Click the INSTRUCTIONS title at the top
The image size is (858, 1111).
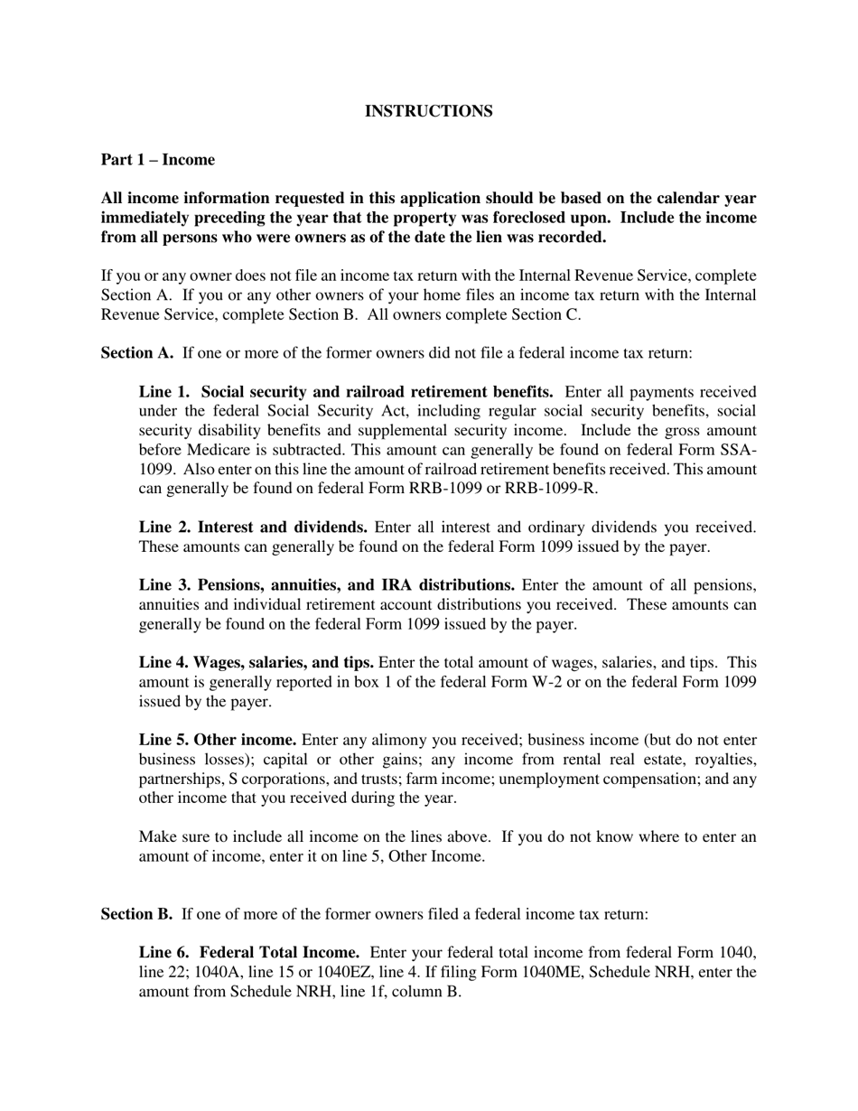click(x=428, y=111)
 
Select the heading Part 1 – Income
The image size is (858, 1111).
click(x=158, y=160)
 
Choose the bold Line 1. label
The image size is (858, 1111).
click(x=164, y=392)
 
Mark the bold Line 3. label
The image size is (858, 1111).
click(x=164, y=585)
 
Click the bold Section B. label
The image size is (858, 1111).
click(x=136, y=914)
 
